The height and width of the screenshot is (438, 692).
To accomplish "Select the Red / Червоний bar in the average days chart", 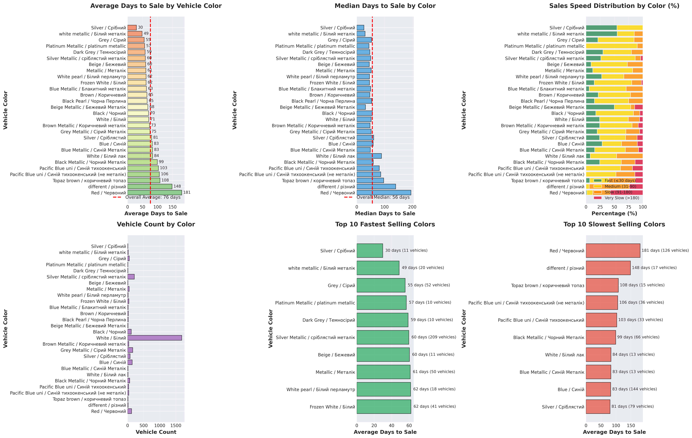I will point(155,193).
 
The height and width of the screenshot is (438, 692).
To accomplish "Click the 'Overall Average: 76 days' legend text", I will point(153,197).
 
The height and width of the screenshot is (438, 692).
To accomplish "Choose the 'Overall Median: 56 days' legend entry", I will point(383,197).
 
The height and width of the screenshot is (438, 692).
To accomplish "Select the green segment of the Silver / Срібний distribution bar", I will point(601,28).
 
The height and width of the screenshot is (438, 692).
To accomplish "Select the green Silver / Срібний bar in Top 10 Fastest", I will point(370,251).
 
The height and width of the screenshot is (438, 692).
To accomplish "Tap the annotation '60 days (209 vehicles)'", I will point(434,337).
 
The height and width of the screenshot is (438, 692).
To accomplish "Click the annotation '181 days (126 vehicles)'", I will point(665,250).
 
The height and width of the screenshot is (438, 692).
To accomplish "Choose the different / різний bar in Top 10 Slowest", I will point(608,268).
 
